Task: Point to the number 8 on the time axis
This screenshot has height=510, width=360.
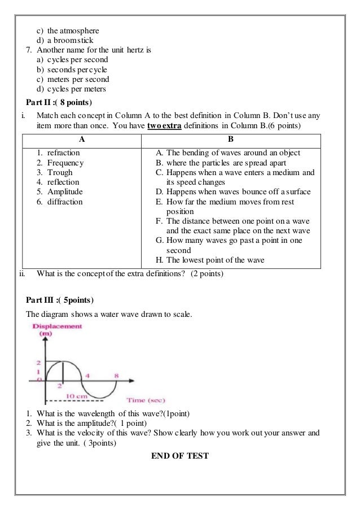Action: (x=116, y=374)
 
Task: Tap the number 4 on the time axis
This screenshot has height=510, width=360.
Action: (x=87, y=374)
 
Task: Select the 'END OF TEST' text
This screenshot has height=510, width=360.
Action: (x=179, y=455)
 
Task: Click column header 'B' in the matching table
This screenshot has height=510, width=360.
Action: (x=231, y=138)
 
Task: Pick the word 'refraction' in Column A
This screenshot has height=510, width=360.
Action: (x=63, y=153)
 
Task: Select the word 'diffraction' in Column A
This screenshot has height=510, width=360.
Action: (x=64, y=202)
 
